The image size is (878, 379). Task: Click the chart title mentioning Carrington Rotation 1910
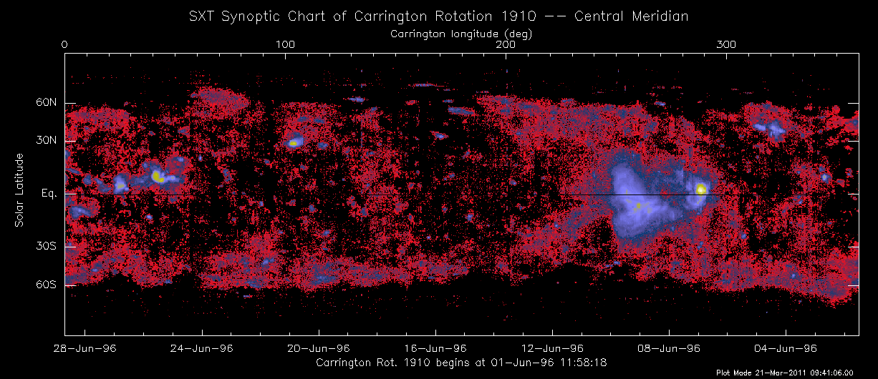tap(439, 15)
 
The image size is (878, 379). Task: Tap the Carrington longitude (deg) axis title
tap(461, 34)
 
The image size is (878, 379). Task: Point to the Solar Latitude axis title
tap(20, 190)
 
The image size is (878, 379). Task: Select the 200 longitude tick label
tap(506, 45)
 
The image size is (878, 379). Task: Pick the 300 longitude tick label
tap(727, 45)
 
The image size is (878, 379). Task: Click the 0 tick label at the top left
tap(65, 45)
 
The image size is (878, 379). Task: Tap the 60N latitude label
tap(45, 103)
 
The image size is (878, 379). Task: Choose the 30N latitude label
tap(45, 141)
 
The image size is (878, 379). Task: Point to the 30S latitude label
tap(45, 247)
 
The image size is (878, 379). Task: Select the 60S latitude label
tap(45, 285)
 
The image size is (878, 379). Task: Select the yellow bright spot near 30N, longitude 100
tap(293, 143)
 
